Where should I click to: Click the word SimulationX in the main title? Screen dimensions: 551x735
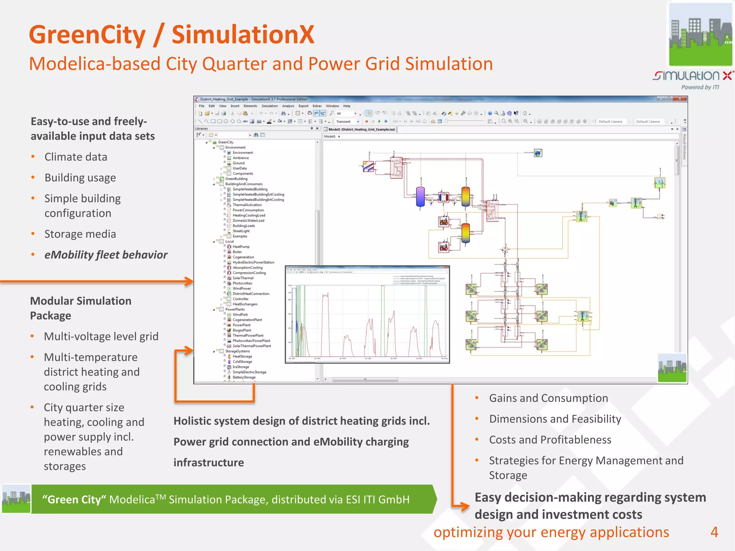243,35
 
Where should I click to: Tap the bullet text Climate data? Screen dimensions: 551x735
76,157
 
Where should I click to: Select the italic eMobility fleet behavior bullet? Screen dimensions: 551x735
106,255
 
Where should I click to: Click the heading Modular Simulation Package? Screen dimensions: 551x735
80,308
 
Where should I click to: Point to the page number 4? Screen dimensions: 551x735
714,532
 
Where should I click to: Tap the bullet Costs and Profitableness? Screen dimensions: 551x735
550,440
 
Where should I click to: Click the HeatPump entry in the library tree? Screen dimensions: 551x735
241,247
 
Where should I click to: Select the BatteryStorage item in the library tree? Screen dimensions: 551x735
244,377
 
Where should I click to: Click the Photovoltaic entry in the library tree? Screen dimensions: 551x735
242,283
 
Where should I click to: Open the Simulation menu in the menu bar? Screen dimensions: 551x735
270,106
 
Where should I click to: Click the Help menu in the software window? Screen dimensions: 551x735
347,106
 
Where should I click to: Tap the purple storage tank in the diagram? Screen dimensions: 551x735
420,197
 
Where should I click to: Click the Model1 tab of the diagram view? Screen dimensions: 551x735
361,129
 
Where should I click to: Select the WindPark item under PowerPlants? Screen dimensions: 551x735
240,315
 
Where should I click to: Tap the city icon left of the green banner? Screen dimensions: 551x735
16,499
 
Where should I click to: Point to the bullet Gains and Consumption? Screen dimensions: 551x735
548,398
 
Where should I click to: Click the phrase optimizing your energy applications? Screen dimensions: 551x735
551,532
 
